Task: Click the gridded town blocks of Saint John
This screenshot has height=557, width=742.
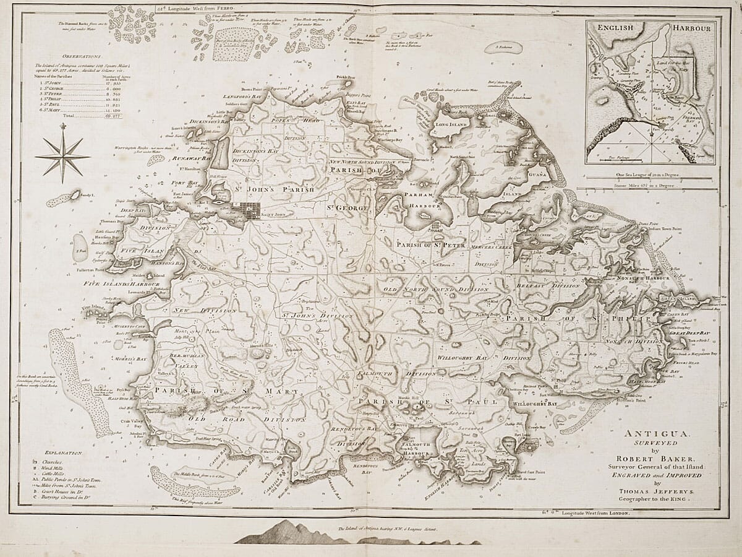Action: pyautogui.click(x=251, y=210)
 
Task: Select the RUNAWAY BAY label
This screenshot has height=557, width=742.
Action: pyautogui.click(x=194, y=158)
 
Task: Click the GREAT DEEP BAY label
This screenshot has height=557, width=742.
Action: pyautogui.click(x=690, y=333)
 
